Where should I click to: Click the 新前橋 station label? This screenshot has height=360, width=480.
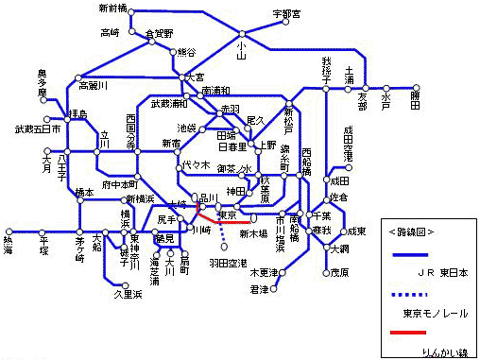(x=112, y=9)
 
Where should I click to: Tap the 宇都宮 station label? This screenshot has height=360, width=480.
(x=285, y=13)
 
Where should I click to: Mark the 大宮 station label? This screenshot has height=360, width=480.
(x=195, y=77)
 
